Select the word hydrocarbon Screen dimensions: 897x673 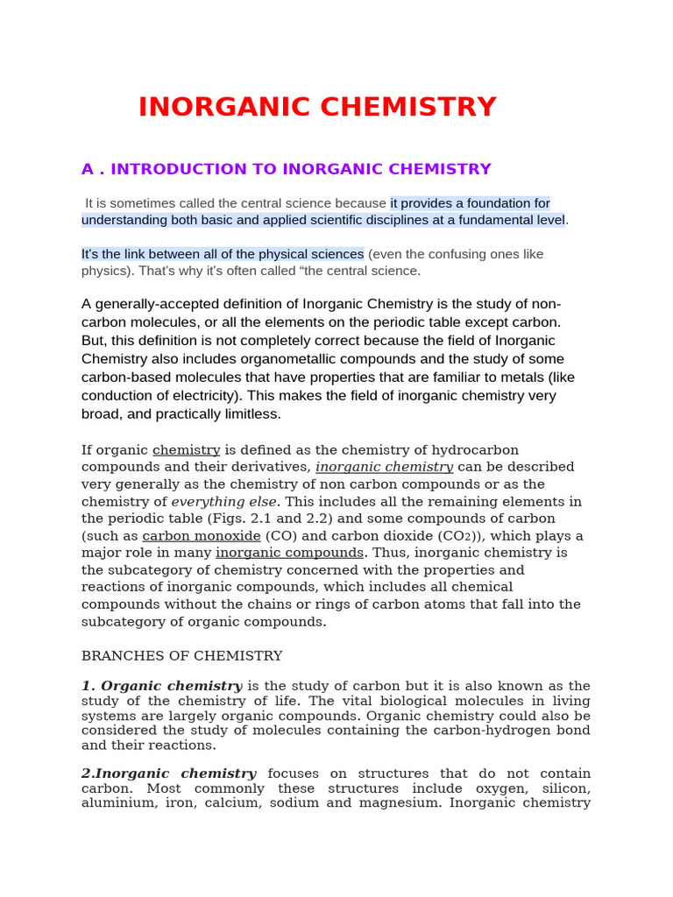(478, 450)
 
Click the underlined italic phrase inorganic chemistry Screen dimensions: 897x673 (384, 467)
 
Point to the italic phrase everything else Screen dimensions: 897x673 (223, 502)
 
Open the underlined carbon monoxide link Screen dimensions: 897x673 (202, 536)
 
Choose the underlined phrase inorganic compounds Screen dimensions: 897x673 (289, 553)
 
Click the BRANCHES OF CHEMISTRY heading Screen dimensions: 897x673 (181, 656)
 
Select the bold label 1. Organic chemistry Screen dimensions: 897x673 (162, 686)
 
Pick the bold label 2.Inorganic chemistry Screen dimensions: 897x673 (169, 773)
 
